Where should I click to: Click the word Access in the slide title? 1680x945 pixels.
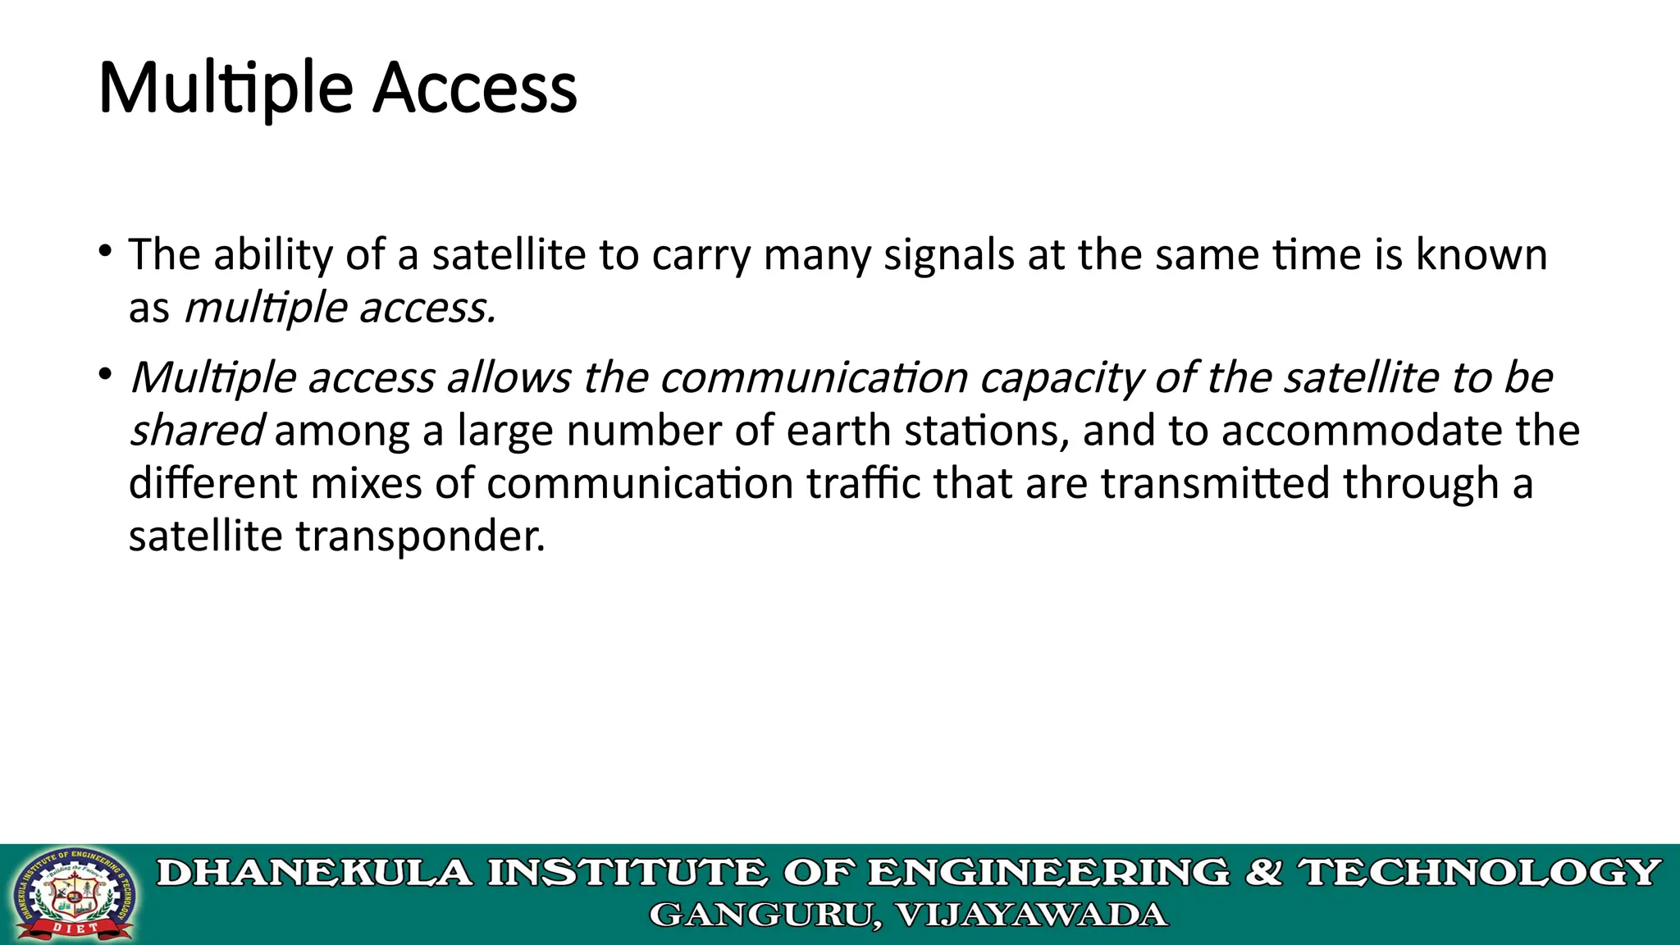tap(475, 88)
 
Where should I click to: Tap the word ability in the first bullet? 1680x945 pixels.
tap(272, 255)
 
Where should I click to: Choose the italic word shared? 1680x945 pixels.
tap(196, 430)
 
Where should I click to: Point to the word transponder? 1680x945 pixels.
tap(420, 536)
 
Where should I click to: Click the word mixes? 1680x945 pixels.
tap(367, 482)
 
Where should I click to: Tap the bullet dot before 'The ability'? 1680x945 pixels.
tap(103, 249)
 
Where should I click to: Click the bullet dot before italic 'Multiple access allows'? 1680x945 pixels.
tap(103, 374)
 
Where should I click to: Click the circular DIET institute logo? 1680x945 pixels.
tap(75, 895)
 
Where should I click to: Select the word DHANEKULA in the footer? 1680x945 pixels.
tap(315, 872)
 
